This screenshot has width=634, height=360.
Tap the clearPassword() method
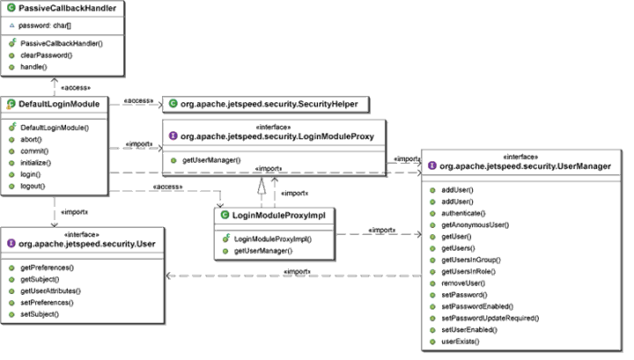tap(45, 55)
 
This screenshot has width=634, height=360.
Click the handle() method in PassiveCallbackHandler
tap(34, 67)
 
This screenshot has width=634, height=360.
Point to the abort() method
tap(31, 140)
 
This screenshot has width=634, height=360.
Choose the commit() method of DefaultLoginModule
tap(33, 151)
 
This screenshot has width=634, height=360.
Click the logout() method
tap(34, 187)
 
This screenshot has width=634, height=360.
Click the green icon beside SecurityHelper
tap(173, 105)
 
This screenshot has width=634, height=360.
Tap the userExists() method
tap(463, 340)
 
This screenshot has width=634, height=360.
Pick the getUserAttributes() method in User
tap(50, 290)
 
